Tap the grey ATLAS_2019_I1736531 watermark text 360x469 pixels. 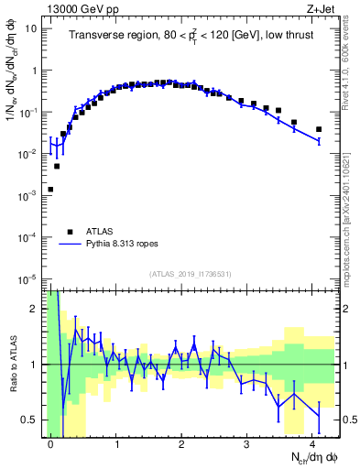click(190, 274)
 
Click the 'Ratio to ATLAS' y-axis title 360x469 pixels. click(12, 365)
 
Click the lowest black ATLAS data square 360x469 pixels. click(50, 190)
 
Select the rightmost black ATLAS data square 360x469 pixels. click(319, 129)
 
